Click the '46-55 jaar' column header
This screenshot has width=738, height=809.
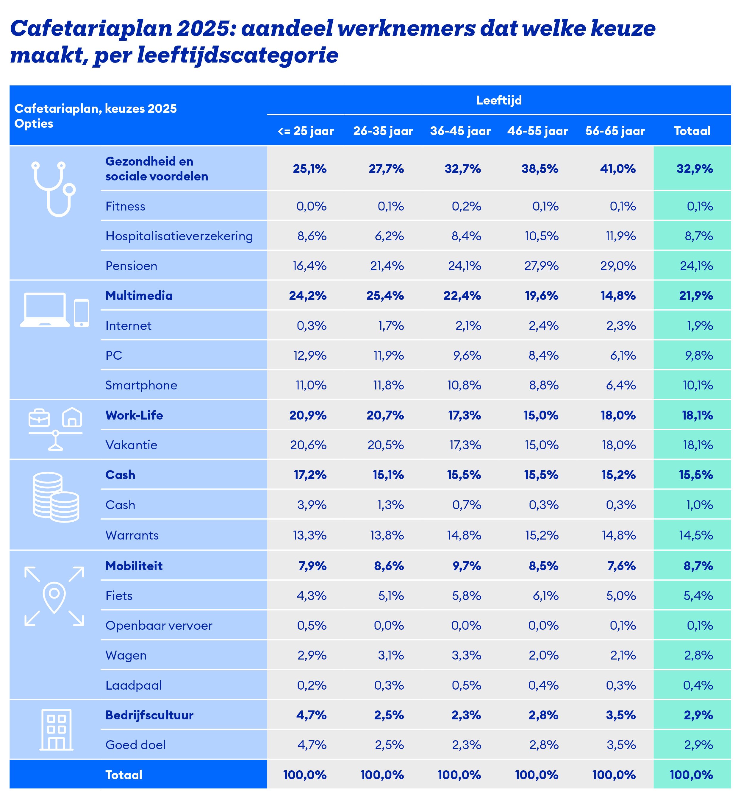click(537, 131)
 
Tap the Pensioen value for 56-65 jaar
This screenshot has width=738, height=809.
click(618, 266)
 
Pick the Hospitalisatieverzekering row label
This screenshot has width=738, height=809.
click(179, 236)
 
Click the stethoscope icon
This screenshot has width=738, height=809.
click(54, 188)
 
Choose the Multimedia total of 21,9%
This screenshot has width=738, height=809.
click(696, 296)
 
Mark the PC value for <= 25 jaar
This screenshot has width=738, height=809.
click(310, 356)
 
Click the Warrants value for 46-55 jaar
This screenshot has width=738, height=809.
click(542, 535)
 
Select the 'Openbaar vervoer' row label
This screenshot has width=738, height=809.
click(159, 626)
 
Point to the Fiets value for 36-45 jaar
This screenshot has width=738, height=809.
click(467, 596)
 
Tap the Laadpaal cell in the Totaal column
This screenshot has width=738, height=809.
click(698, 685)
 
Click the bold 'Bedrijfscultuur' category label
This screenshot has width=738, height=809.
click(149, 715)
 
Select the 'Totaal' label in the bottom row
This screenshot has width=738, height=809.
click(123, 775)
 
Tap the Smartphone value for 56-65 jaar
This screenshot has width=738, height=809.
click(620, 385)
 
